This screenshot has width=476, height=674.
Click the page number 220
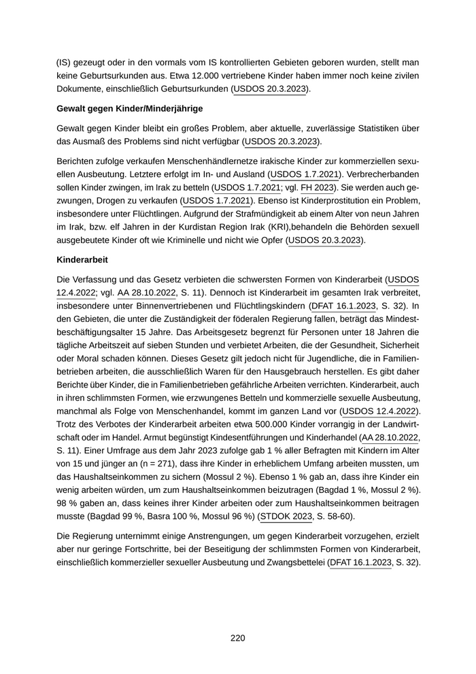pyautogui.click(x=237, y=638)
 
